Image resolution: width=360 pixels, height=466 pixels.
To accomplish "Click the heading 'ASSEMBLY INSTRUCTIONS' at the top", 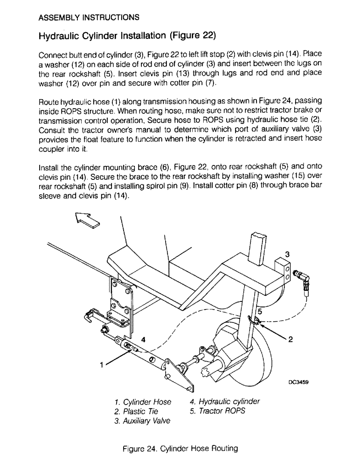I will tap(88, 18).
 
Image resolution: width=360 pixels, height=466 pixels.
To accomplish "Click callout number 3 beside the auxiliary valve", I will tap(287, 254).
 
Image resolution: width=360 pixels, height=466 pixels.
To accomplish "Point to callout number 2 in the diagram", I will tap(290, 340).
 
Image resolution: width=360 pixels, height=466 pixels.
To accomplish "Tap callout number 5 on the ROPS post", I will tap(261, 313).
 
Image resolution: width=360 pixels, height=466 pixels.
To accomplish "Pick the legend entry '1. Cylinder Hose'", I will tap(142, 402).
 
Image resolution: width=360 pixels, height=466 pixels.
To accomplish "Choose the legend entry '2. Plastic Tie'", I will tap(136, 411).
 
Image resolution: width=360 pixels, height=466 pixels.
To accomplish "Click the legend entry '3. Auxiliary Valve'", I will tap(142, 421).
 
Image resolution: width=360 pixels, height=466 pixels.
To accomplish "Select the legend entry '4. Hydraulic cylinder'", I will tap(225, 402).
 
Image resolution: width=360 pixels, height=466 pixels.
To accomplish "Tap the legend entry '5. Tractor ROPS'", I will tap(217, 411).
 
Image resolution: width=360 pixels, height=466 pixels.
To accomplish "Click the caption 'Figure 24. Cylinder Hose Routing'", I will tap(180, 449).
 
